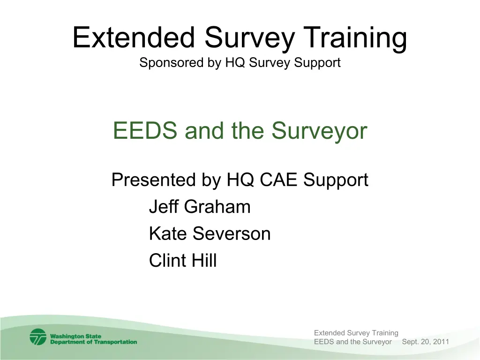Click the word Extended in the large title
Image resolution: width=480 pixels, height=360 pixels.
coord(134,37)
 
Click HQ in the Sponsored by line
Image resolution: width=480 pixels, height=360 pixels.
coord(235,62)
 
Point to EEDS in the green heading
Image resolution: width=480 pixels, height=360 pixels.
coord(145,130)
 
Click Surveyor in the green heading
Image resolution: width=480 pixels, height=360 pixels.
coord(319,132)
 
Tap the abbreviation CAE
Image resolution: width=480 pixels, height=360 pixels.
coord(278,180)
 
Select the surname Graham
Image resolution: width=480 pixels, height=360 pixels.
coord(217,206)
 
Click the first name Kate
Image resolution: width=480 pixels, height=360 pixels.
coord(168,233)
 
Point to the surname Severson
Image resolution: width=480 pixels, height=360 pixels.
coord(232,233)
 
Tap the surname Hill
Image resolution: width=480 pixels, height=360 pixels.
coord(204,260)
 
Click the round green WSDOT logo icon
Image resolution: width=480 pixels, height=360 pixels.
coord(38,337)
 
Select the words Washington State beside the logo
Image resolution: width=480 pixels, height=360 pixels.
coord(75,336)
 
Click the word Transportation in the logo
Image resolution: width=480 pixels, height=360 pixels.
coord(115,342)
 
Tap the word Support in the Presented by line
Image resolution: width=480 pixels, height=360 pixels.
coord(336,180)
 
